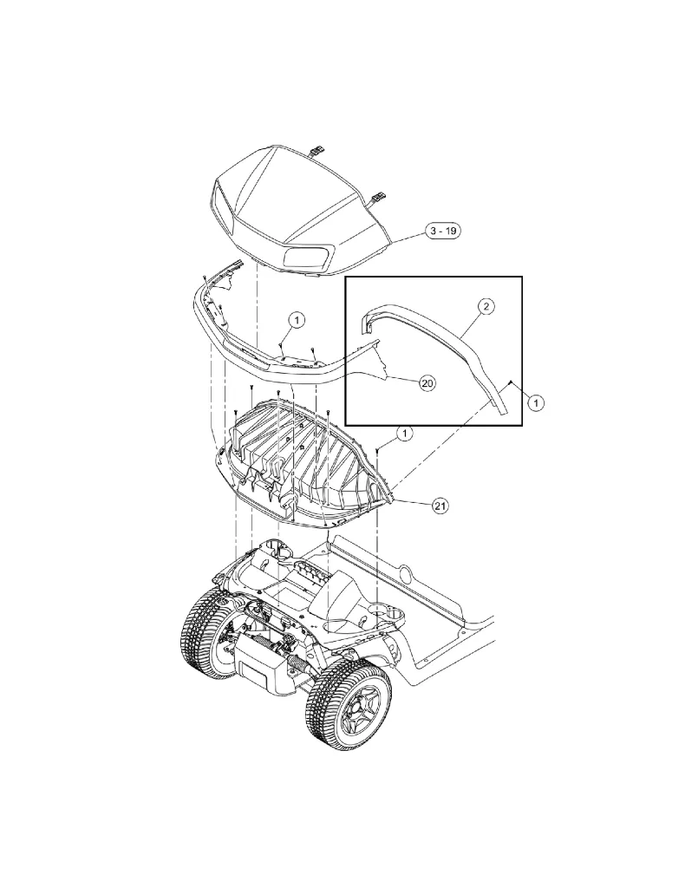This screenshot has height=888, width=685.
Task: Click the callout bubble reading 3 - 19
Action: pos(441,231)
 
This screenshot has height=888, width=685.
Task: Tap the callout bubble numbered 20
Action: pos(427,382)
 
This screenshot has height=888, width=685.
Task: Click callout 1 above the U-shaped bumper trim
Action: pos(296,320)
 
